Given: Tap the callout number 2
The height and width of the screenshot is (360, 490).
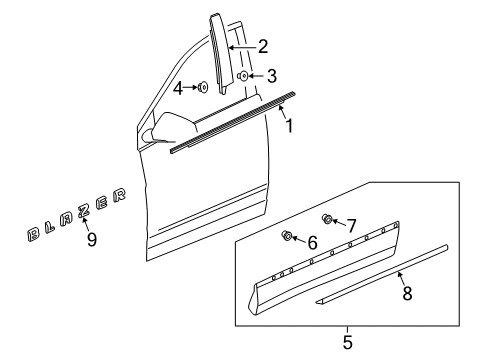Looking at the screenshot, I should [262, 46].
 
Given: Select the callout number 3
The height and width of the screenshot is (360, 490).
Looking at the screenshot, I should [272, 76].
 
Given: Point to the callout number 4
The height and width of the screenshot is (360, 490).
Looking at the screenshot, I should [179, 88].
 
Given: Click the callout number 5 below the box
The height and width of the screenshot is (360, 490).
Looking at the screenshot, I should [347, 343].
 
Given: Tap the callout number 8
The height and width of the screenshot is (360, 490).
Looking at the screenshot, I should [405, 294].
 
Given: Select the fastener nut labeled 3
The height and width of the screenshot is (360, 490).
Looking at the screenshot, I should [243, 75].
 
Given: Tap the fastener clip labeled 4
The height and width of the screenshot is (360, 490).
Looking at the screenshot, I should [203, 88].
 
